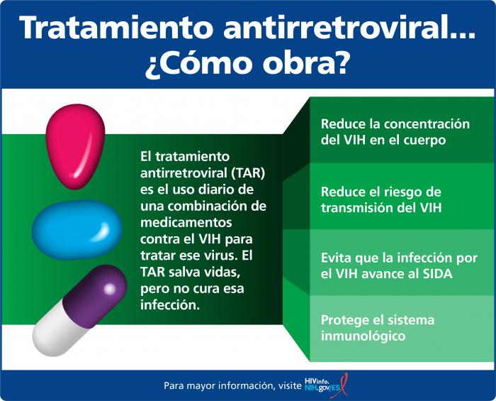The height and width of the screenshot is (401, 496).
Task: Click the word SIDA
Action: pos(435,273)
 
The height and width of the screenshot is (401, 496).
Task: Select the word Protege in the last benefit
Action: pos(344,319)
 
